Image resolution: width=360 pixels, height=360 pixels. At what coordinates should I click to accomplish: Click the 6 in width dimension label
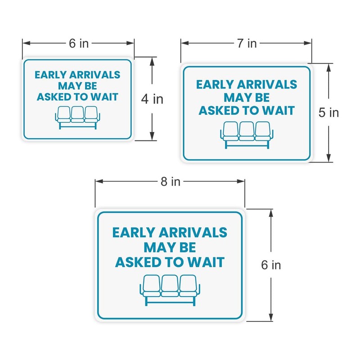[x=79, y=43]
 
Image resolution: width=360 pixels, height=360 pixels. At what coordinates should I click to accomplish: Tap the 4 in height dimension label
[x=152, y=99]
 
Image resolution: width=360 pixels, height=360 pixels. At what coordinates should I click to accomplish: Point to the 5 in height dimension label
[x=328, y=112]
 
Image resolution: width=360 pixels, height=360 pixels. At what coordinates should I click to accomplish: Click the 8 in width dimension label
[x=170, y=181]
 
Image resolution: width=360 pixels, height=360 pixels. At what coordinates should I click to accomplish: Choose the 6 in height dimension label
[x=271, y=265]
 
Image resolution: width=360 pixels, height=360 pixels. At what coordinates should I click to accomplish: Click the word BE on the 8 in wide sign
[x=185, y=247]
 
